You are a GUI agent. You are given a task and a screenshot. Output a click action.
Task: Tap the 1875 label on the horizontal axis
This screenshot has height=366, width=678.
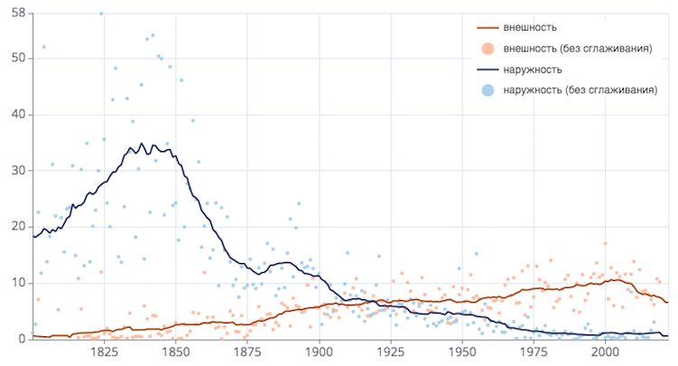click(x=247, y=352)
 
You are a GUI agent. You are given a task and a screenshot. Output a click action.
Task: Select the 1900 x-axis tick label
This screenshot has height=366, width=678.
click(x=319, y=352)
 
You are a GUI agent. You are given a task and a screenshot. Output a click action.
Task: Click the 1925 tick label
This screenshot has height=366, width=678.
click(x=390, y=352)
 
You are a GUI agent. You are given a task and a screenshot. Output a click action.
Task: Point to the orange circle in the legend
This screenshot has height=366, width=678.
click(x=488, y=49)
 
